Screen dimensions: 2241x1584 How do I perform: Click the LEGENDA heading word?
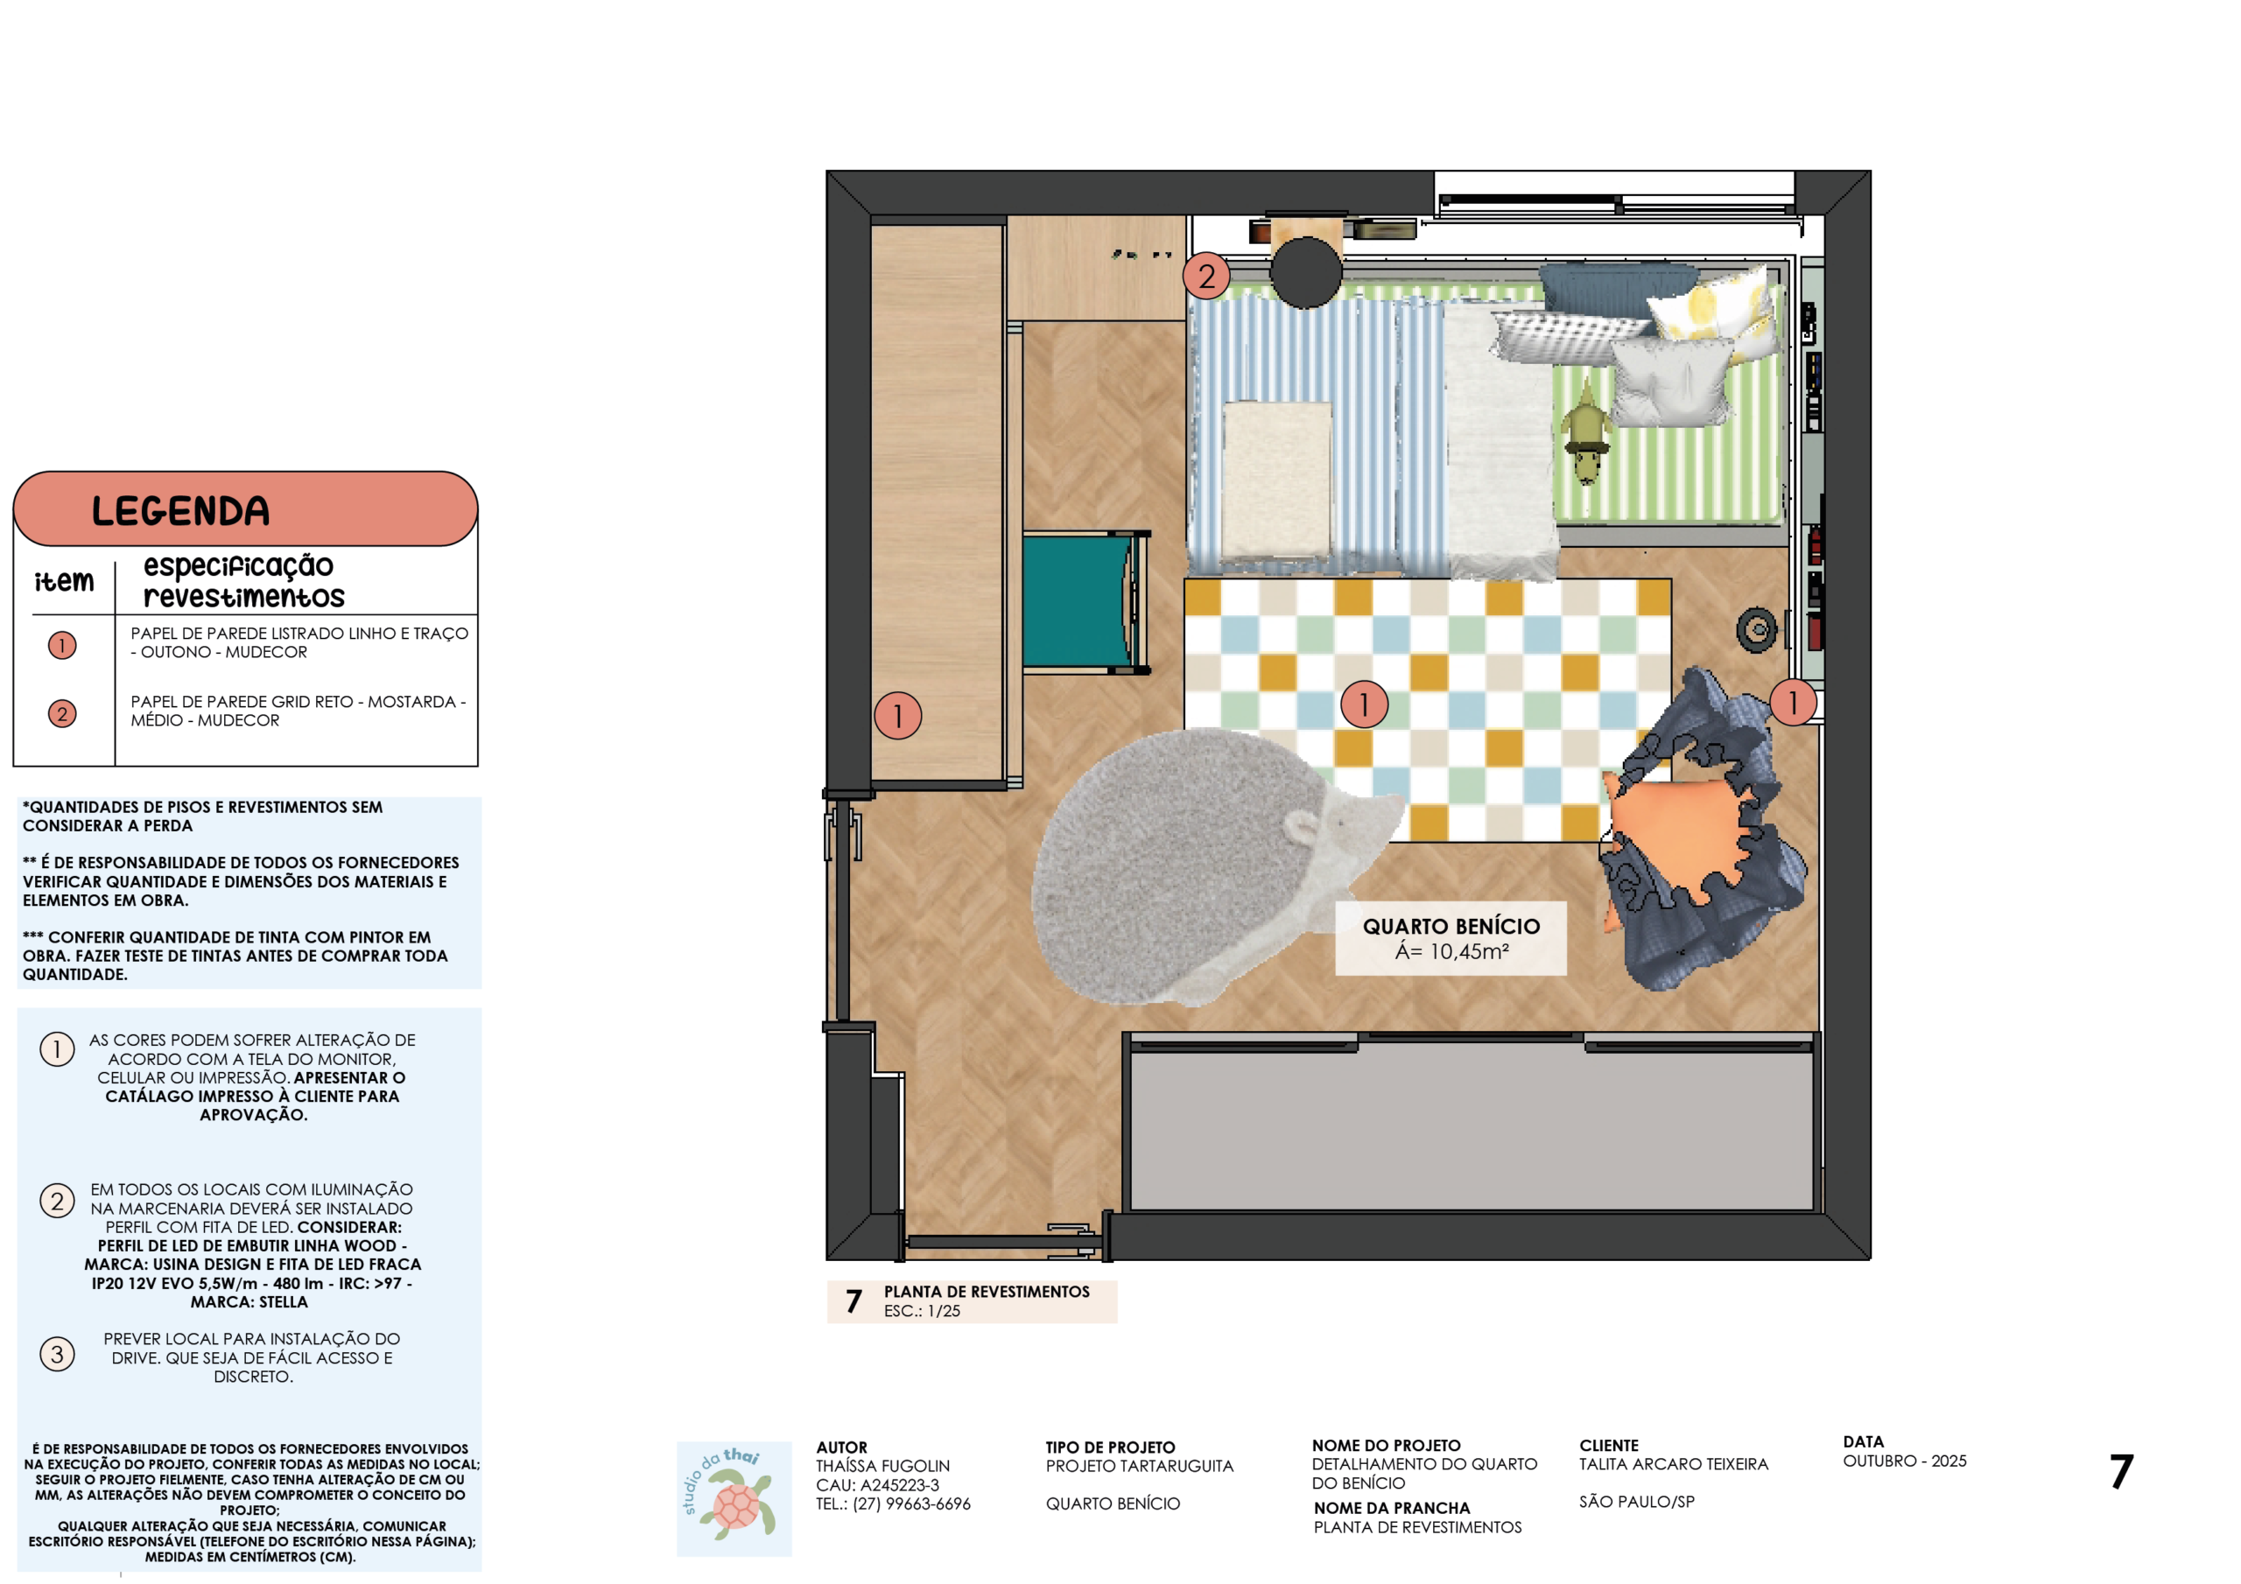tap(180, 510)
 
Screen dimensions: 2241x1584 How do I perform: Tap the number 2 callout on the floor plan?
tap(1206, 277)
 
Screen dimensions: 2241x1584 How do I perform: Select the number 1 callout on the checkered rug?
tap(1364, 704)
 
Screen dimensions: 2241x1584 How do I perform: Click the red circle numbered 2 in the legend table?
tap(62, 713)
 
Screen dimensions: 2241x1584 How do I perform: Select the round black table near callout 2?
tap(1306, 272)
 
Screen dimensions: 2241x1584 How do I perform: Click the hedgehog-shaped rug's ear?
tap(1302, 827)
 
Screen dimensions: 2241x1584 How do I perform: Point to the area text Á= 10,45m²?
tap(1451, 950)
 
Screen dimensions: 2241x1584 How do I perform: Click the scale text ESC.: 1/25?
tap(922, 1311)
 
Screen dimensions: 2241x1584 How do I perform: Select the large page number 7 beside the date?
tap(2121, 1471)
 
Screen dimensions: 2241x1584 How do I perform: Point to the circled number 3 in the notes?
tap(58, 1354)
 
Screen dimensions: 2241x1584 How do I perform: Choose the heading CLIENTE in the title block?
tap(1608, 1446)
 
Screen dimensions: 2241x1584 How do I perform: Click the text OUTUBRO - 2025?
tap(1904, 1461)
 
